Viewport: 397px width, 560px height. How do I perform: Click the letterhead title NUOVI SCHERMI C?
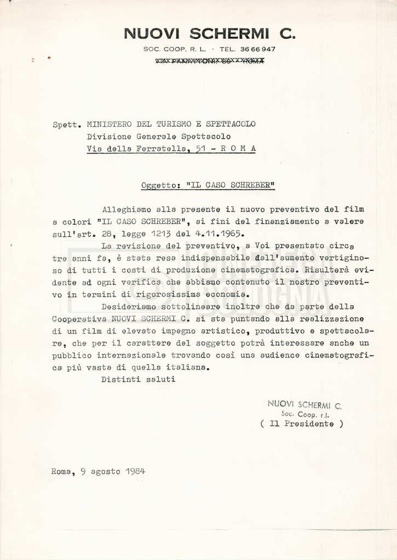210,34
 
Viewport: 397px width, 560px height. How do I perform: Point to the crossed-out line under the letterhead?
210,61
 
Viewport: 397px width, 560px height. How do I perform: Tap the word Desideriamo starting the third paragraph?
131,306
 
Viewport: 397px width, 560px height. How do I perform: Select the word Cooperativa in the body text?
80,318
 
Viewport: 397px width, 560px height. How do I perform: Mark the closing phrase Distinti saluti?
138,378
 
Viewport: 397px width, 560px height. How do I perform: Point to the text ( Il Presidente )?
302,424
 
